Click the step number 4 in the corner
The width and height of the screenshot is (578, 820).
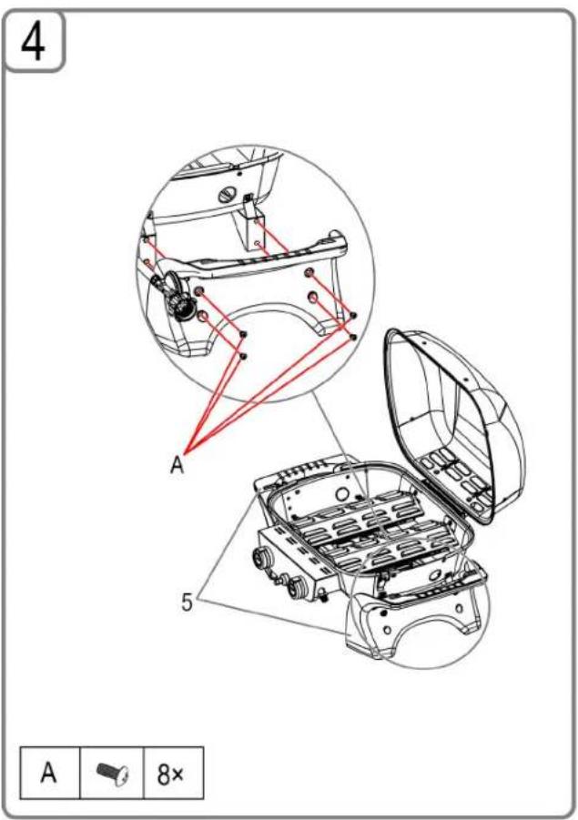point(33,43)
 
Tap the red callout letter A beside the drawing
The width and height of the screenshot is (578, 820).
point(177,464)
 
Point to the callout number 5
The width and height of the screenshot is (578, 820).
point(187,602)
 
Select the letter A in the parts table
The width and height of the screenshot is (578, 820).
point(48,773)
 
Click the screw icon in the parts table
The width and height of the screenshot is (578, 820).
point(113,773)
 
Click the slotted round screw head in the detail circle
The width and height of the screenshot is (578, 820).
point(227,196)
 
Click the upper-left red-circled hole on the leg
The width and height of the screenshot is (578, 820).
point(198,291)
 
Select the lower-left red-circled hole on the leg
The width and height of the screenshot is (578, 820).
point(204,316)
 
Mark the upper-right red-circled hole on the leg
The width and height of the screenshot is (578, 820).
point(309,272)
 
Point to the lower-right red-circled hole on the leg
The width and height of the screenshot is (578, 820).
point(313,298)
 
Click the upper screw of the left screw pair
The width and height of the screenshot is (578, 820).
point(242,334)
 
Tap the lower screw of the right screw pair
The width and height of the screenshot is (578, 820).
point(353,337)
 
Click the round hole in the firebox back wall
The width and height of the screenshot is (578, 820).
point(343,493)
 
